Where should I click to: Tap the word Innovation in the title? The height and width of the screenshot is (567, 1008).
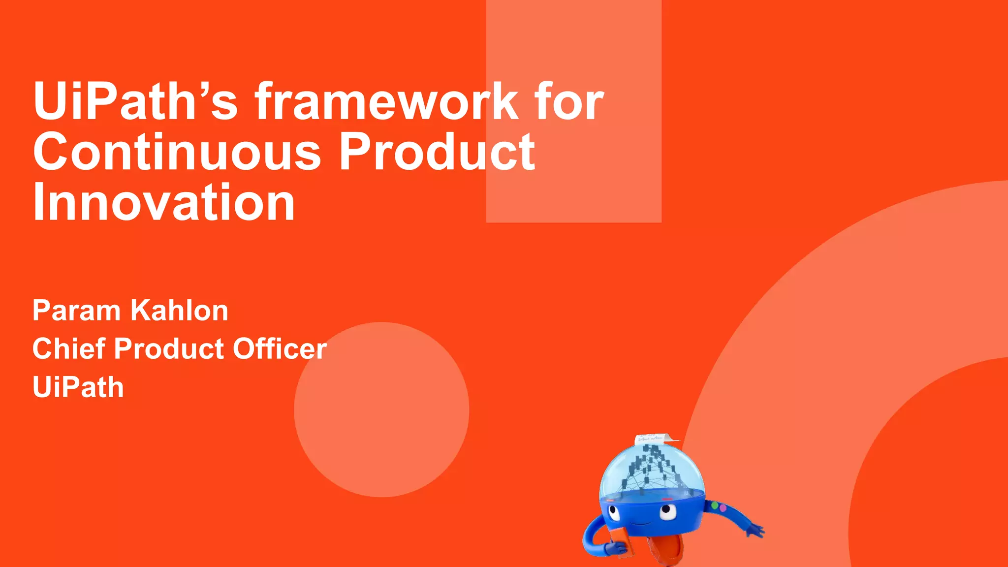(x=164, y=202)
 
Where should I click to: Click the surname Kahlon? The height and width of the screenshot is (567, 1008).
(x=179, y=311)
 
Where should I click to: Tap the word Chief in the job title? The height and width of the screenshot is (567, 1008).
(x=69, y=349)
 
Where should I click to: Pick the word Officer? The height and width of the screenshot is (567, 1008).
(x=280, y=349)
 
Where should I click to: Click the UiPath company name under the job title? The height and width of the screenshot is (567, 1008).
(x=78, y=387)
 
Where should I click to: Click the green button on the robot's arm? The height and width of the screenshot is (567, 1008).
(x=715, y=505)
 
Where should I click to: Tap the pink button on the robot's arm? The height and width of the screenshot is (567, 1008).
(x=723, y=507)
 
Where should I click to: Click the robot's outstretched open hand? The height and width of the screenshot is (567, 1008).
(x=754, y=531)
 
